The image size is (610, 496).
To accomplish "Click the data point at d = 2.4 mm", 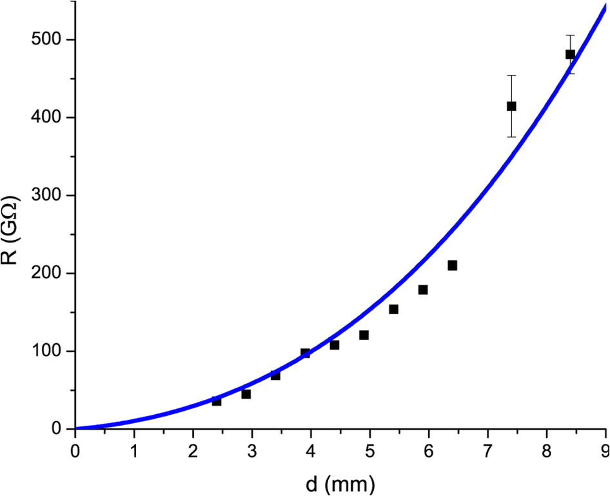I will coord(217,401).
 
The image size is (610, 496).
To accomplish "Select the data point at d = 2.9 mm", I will coord(246,393).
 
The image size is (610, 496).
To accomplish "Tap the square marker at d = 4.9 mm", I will coord(364,335).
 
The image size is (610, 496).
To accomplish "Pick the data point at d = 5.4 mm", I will coord(393,309).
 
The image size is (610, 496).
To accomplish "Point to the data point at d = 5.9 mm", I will coord(423,290).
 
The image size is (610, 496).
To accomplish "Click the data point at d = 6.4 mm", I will coord(452,265).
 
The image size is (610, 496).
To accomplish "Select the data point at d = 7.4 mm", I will coord(511,106).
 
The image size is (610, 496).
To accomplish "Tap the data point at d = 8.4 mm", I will coord(570,54).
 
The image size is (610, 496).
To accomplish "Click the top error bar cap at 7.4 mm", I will coord(511,75).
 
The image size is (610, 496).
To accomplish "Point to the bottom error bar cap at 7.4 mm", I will coord(511,137).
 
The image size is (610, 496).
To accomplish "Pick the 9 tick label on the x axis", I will coord(605,448).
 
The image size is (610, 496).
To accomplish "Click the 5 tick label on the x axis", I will coord(370,448).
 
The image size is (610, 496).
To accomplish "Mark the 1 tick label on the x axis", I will coord(134,448).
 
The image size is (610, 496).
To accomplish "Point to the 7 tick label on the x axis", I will coord(487,448).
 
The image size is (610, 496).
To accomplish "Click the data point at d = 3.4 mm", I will coord(275,375).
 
